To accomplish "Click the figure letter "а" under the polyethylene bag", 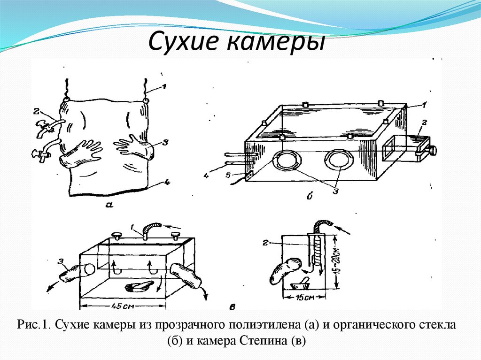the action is pyautogui.click(x=109, y=204).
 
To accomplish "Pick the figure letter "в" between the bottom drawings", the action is pyautogui.click(x=233, y=306).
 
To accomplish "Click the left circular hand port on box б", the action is pyautogui.click(x=287, y=160).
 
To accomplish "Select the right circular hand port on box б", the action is pyautogui.click(x=338, y=160).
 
